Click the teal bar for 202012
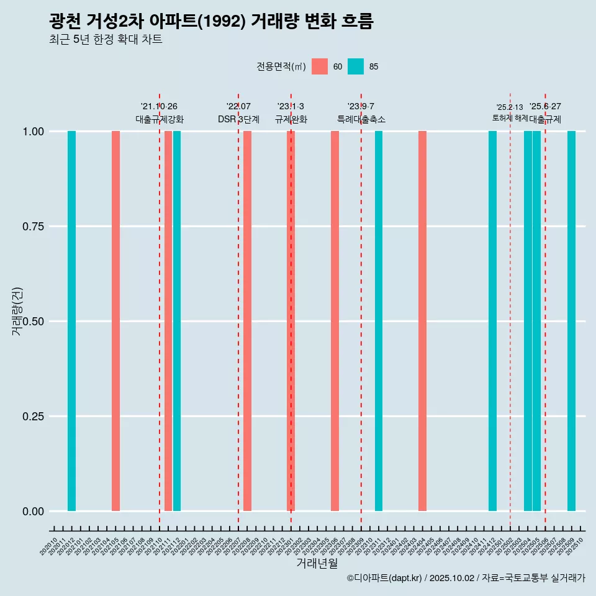click(x=71, y=321)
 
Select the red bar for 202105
click(x=115, y=321)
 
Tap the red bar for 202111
click(x=168, y=321)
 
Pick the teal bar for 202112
click(x=177, y=321)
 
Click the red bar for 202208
click(x=247, y=321)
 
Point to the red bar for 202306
click(x=335, y=321)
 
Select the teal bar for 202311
click(x=379, y=321)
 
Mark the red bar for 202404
click(x=422, y=321)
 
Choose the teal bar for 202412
click(x=492, y=321)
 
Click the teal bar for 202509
click(x=571, y=321)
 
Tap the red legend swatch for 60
click(x=320, y=66)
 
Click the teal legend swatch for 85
click(x=356, y=66)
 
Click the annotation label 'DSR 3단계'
click(x=238, y=119)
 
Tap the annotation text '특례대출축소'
click(x=361, y=119)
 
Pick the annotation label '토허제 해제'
click(x=510, y=117)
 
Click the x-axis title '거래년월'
click(x=317, y=564)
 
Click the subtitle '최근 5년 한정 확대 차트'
click(x=106, y=40)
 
